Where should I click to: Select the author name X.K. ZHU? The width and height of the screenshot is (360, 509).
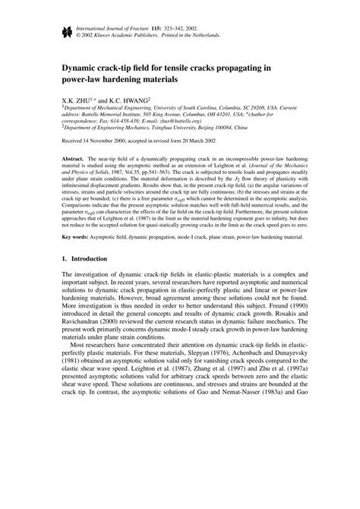[x=78, y=99]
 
